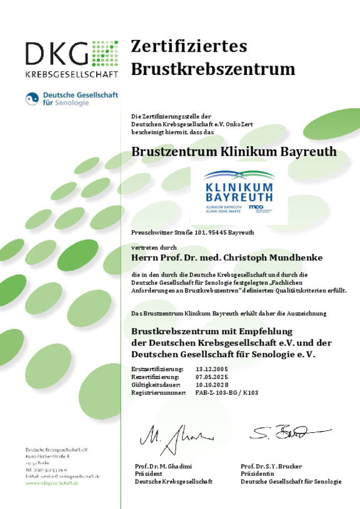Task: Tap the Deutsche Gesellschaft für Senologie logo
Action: [71, 99]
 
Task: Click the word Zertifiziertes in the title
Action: [189, 46]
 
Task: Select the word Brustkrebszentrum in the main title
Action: [212, 69]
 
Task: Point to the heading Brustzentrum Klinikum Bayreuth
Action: [234, 152]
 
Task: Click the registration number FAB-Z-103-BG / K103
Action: [226, 393]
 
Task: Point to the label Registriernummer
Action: [159, 393]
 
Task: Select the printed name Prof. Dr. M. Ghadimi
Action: [164, 467]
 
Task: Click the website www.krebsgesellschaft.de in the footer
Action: [52, 483]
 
